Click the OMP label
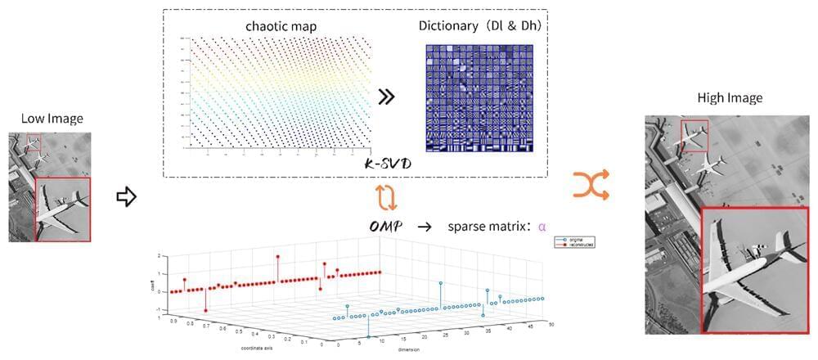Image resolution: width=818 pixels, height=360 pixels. coord(384,226)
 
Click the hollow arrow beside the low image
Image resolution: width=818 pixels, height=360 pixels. coord(125,197)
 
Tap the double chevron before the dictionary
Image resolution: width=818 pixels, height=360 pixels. coord(387,97)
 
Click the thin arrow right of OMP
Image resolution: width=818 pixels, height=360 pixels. coord(424,226)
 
